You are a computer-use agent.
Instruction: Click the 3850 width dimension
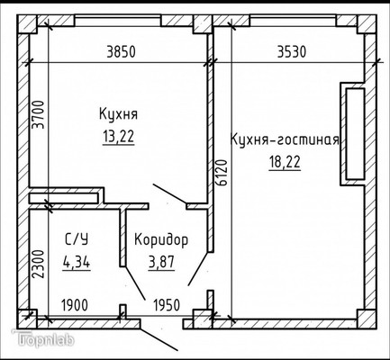click(x=120, y=51)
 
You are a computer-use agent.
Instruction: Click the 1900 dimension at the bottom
click(x=75, y=305)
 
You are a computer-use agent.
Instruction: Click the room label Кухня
click(x=118, y=114)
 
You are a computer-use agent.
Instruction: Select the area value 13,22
click(x=118, y=136)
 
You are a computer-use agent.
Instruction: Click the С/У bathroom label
click(x=77, y=239)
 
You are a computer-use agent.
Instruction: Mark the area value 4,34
click(x=77, y=262)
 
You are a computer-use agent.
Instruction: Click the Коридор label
click(x=161, y=239)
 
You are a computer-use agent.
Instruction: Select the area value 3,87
click(x=161, y=262)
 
